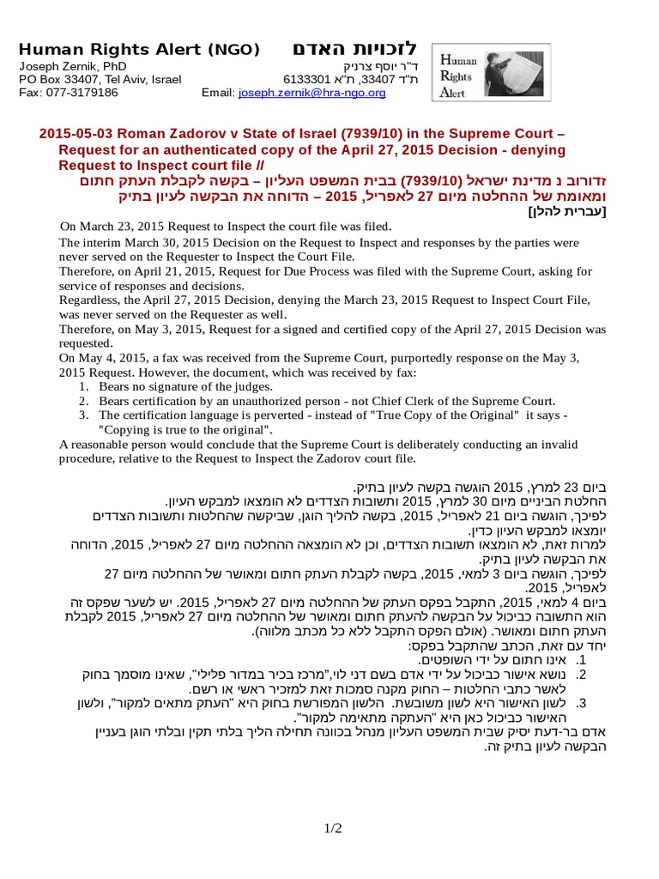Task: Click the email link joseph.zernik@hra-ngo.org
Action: click(x=311, y=93)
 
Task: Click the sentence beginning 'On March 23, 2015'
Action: click(x=226, y=226)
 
